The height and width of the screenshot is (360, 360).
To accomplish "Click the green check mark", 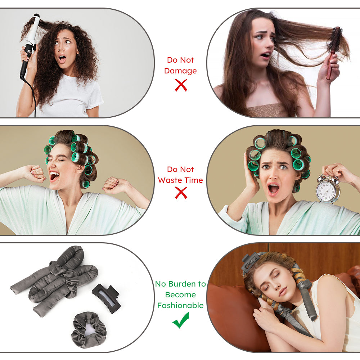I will coord(181,320).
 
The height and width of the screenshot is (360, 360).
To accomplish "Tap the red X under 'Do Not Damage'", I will coord(181,85).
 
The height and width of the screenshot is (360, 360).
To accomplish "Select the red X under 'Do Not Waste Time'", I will coord(181,193).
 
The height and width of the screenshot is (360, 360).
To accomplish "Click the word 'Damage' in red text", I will coord(180,71).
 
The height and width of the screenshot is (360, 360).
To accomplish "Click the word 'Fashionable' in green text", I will coord(180,306).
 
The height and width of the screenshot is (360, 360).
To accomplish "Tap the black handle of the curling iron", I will coord(24,65).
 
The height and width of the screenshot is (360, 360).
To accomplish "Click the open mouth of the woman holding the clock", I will coord(274,188).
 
